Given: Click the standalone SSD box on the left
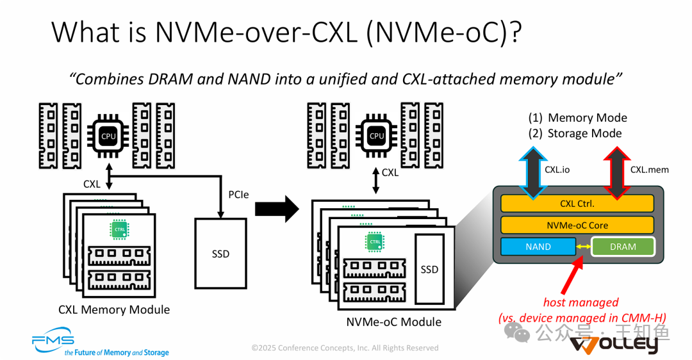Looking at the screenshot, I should click(220, 253).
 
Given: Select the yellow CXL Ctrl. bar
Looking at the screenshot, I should click(577, 204).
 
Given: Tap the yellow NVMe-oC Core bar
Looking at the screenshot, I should click(577, 225).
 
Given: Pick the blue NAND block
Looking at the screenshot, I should click(538, 247).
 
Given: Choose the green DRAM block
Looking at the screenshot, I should click(623, 247).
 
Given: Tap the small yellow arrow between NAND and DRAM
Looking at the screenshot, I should click(583, 247).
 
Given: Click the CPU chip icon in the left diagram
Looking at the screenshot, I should click(109, 136).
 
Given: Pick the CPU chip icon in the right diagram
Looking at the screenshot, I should click(377, 136).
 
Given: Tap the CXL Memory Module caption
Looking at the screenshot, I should click(114, 309).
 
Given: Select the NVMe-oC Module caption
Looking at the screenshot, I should click(393, 321).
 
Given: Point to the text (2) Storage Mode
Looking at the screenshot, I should click(575, 133).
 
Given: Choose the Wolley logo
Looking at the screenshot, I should click(614, 344).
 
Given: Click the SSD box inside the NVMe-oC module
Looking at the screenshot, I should click(429, 269).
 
